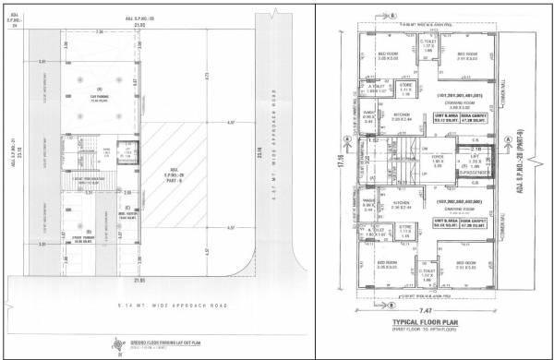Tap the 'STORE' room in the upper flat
click(406, 88)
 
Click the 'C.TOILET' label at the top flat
click(428, 40)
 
